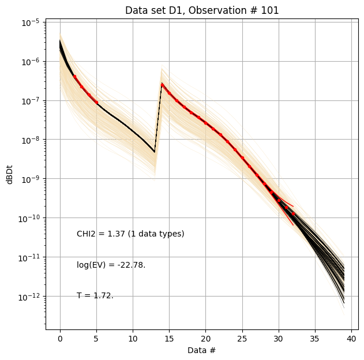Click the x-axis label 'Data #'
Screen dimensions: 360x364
pyautogui.click(x=202, y=350)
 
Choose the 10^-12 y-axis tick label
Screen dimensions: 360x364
pyautogui.click(x=30, y=297)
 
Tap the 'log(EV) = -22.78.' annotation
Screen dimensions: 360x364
pyautogui.click(x=111, y=265)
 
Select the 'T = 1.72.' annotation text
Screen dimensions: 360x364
pyautogui.click(x=95, y=295)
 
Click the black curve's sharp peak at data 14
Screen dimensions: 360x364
pyautogui.click(x=162, y=84)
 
